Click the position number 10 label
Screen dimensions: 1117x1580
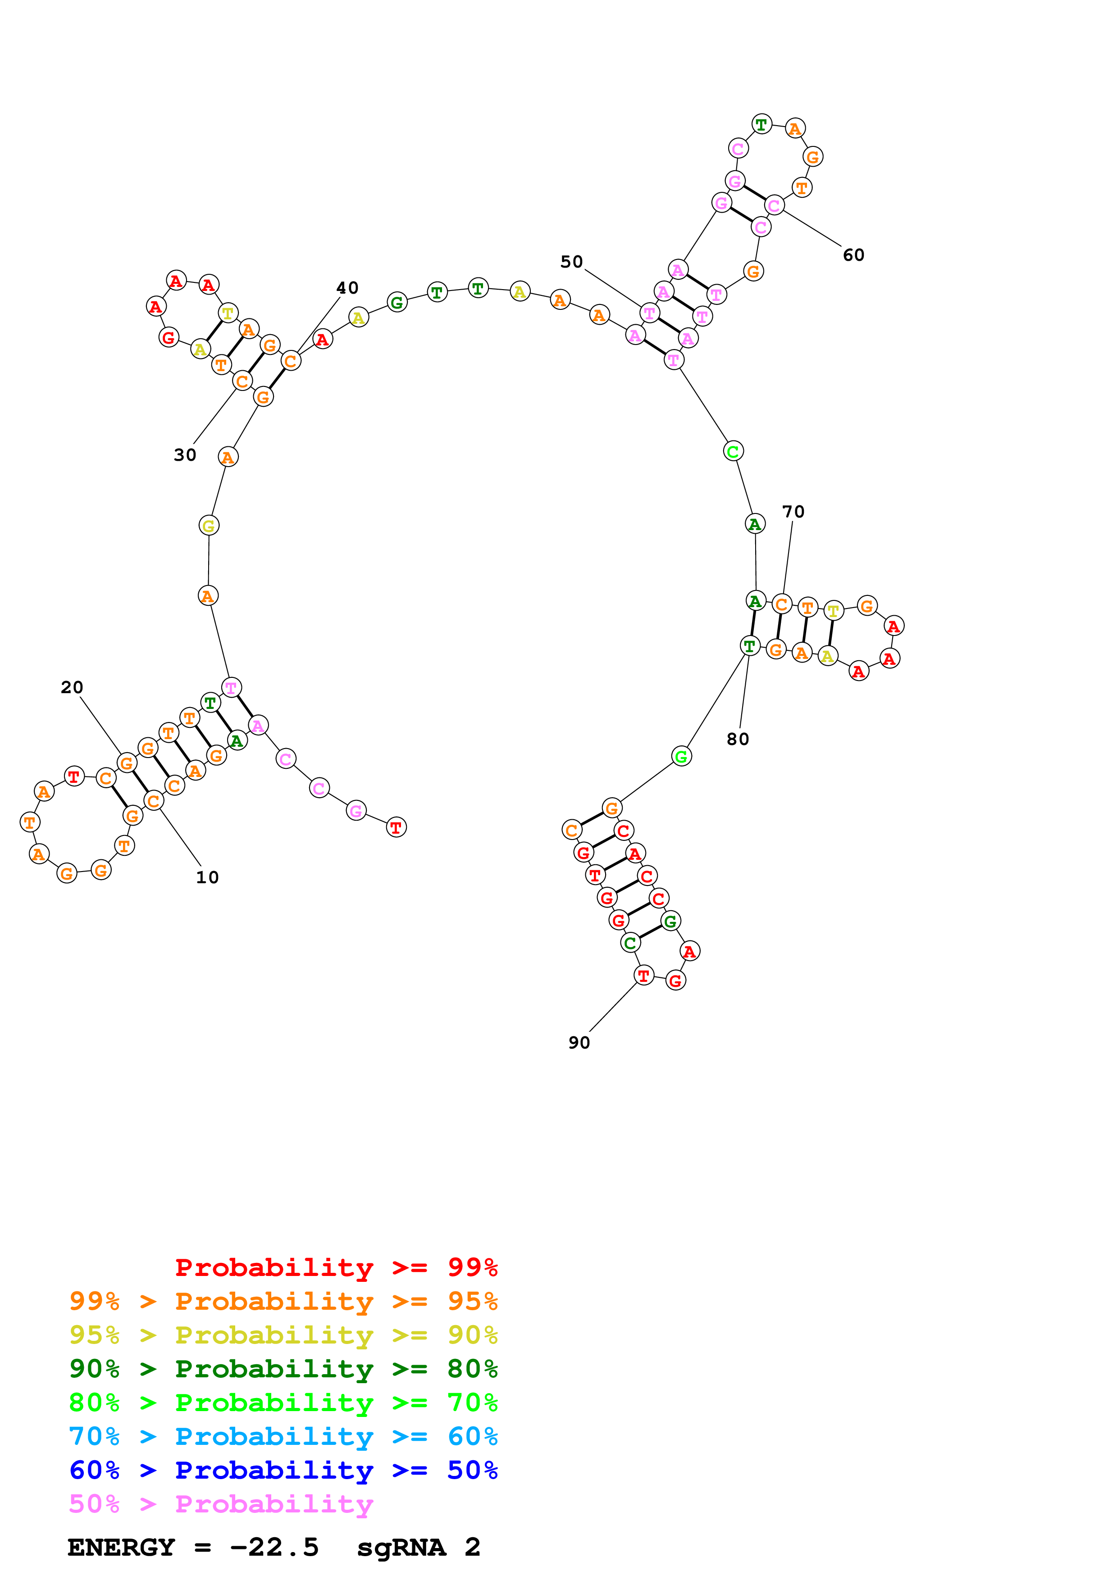tap(207, 877)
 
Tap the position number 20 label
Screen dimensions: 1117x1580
tap(72, 687)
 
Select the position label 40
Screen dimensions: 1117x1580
tap(347, 288)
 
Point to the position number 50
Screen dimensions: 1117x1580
tap(571, 262)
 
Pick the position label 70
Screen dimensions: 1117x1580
tap(793, 512)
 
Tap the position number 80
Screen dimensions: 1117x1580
tap(738, 739)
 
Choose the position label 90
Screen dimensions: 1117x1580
tap(579, 1043)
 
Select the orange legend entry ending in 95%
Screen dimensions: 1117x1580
tap(283, 1301)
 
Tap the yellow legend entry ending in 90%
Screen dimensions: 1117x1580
tap(283, 1335)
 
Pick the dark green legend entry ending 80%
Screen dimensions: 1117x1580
tap(283, 1369)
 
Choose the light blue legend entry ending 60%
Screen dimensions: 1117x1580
tap(283, 1436)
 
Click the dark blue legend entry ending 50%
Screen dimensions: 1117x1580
tap(283, 1470)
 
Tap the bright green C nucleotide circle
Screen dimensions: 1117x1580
tap(733, 451)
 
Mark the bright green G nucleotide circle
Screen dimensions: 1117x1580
tap(681, 756)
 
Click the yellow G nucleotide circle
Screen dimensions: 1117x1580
tap(209, 526)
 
